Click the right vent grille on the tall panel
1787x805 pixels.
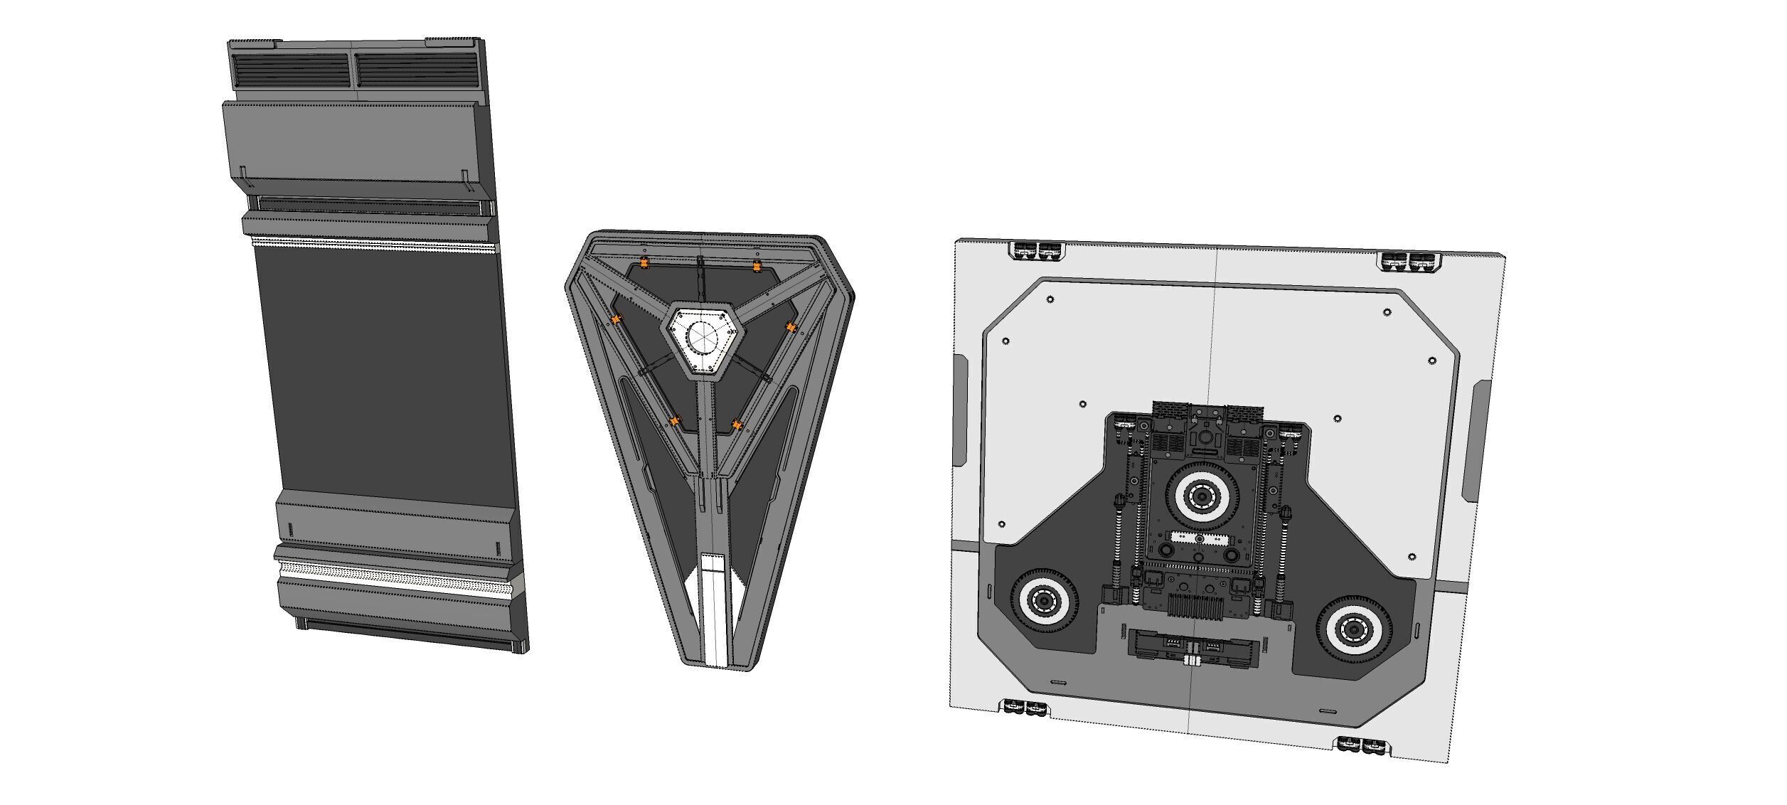[416, 69]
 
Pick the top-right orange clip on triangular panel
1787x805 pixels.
[757, 267]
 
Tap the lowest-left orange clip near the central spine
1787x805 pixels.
[675, 422]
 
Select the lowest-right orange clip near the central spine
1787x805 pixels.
[738, 425]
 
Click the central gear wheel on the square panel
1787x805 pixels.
[1202, 496]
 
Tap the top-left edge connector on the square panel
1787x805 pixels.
[1038, 250]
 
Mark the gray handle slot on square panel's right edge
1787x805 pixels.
[1477, 441]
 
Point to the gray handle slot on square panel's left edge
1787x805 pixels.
[959, 410]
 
